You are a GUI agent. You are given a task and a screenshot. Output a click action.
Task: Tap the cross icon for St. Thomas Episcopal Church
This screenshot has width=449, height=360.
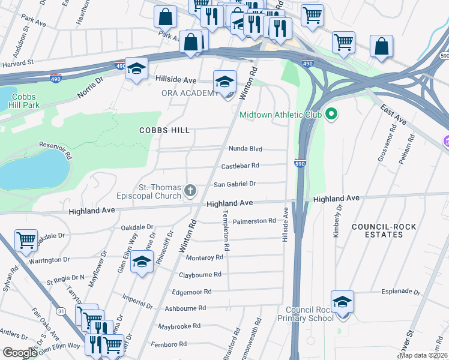point(190,191)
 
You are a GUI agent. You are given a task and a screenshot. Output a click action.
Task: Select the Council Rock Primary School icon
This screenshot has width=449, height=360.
point(342,302)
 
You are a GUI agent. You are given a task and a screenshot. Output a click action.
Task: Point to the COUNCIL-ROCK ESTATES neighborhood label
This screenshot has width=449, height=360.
point(377,230)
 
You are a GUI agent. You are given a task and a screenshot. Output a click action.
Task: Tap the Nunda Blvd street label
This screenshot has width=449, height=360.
point(246,149)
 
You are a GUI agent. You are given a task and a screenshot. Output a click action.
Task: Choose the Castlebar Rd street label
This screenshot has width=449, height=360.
point(240,166)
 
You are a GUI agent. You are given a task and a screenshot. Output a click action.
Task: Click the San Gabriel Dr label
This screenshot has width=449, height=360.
point(235,184)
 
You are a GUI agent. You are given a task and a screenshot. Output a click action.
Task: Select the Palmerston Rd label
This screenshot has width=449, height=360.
point(254,221)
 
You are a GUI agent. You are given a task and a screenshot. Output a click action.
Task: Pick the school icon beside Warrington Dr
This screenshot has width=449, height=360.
point(142,263)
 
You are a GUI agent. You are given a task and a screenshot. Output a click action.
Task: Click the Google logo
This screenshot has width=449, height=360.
point(20,353)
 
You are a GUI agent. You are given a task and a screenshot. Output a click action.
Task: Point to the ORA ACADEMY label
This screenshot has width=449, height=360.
point(190,93)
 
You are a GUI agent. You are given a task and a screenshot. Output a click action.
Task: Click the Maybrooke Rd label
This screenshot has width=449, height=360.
point(179,326)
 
